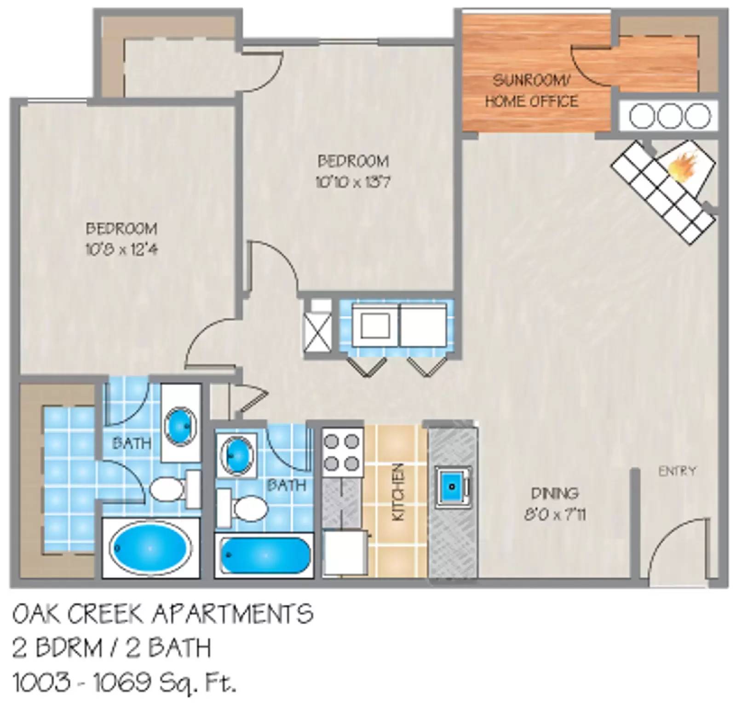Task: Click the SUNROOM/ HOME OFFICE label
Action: point(531,91)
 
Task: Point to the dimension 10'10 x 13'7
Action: point(353,183)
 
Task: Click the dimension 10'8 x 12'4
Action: point(121,250)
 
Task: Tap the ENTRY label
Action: point(677,471)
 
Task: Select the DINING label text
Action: point(555,493)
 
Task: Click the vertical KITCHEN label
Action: point(398,492)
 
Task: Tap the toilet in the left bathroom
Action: point(167,489)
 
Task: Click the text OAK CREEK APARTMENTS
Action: point(163,614)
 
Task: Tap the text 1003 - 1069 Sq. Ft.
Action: point(124,682)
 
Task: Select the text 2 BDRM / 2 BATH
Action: point(111,648)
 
